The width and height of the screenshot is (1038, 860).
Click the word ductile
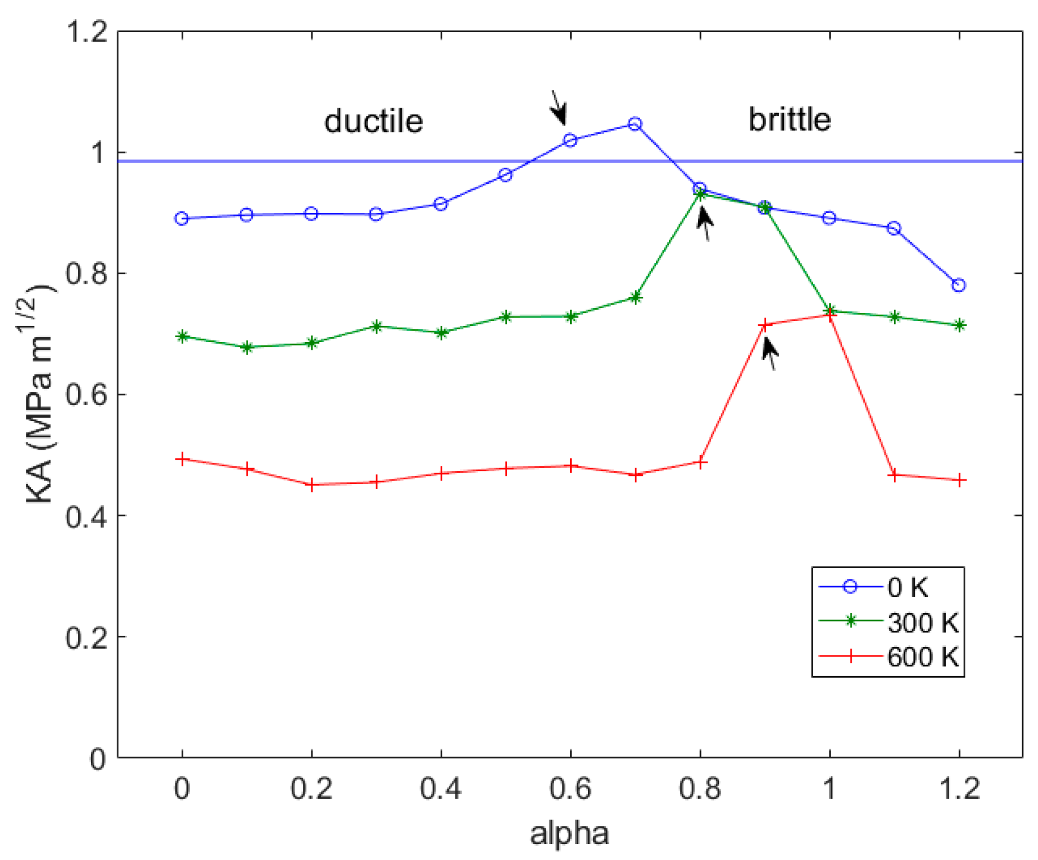coord(373,121)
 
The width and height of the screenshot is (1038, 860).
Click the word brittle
coord(789,120)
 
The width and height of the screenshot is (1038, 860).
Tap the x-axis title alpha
coord(569,833)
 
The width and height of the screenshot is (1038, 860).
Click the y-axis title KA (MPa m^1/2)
coord(40,395)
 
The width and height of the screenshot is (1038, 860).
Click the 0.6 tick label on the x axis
coord(570,789)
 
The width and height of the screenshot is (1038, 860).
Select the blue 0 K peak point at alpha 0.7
coord(635,124)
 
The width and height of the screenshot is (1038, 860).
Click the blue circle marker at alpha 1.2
coord(958,285)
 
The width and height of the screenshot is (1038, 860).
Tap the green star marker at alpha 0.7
coord(635,297)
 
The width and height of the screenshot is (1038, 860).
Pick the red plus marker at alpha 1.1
coord(893,475)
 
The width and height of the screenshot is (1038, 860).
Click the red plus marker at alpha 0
coord(182,459)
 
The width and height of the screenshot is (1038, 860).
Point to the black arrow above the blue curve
coord(558,108)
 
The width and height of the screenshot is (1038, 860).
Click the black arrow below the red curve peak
coord(770,353)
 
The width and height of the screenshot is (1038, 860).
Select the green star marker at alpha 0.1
coord(247,347)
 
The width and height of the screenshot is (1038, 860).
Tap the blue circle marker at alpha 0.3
coord(376,214)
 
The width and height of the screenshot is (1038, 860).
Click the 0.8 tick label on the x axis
coord(700,789)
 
